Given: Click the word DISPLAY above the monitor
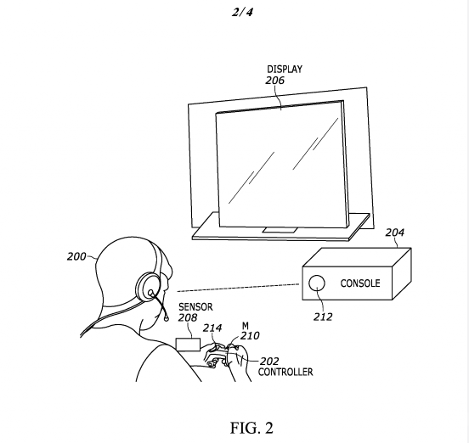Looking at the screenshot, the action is [285, 69].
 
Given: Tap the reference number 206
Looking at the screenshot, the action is [275, 81].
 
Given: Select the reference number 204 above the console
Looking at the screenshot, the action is [394, 233].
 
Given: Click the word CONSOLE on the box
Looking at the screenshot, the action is [360, 283].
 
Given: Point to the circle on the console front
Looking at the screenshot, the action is [316, 283].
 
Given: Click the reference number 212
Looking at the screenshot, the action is [323, 317].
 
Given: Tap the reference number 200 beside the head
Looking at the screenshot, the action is [76, 256].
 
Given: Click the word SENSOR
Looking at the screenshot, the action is [195, 306].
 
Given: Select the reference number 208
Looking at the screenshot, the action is [188, 317].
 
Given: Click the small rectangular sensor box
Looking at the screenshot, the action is [188, 345].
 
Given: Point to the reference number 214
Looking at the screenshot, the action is [212, 328].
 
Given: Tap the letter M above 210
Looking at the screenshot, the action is [246, 325].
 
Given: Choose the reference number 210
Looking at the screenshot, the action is [250, 336].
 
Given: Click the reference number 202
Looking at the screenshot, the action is [269, 362].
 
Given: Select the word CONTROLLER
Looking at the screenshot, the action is [285, 372].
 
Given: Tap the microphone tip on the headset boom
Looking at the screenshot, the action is [167, 319].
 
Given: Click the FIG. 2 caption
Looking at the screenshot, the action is [251, 428].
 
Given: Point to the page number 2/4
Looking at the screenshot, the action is [242, 12].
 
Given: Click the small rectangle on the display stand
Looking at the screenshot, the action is [280, 230].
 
